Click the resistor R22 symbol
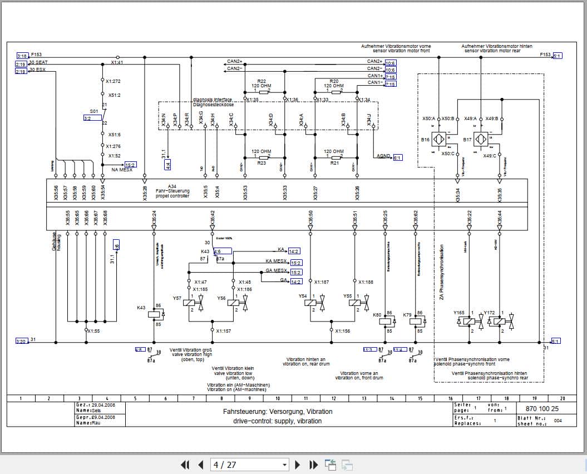coord(264,93)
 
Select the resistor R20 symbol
coord(336,93)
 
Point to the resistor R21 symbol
coord(336,157)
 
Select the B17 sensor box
coord(481,139)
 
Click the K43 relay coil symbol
coord(154,314)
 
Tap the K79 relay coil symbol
coord(415,320)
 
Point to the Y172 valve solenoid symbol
coord(499,321)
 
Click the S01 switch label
coord(93,111)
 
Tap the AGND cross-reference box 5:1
coord(397,157)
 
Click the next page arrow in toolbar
coord(298,465)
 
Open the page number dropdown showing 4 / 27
coord(250,465)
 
